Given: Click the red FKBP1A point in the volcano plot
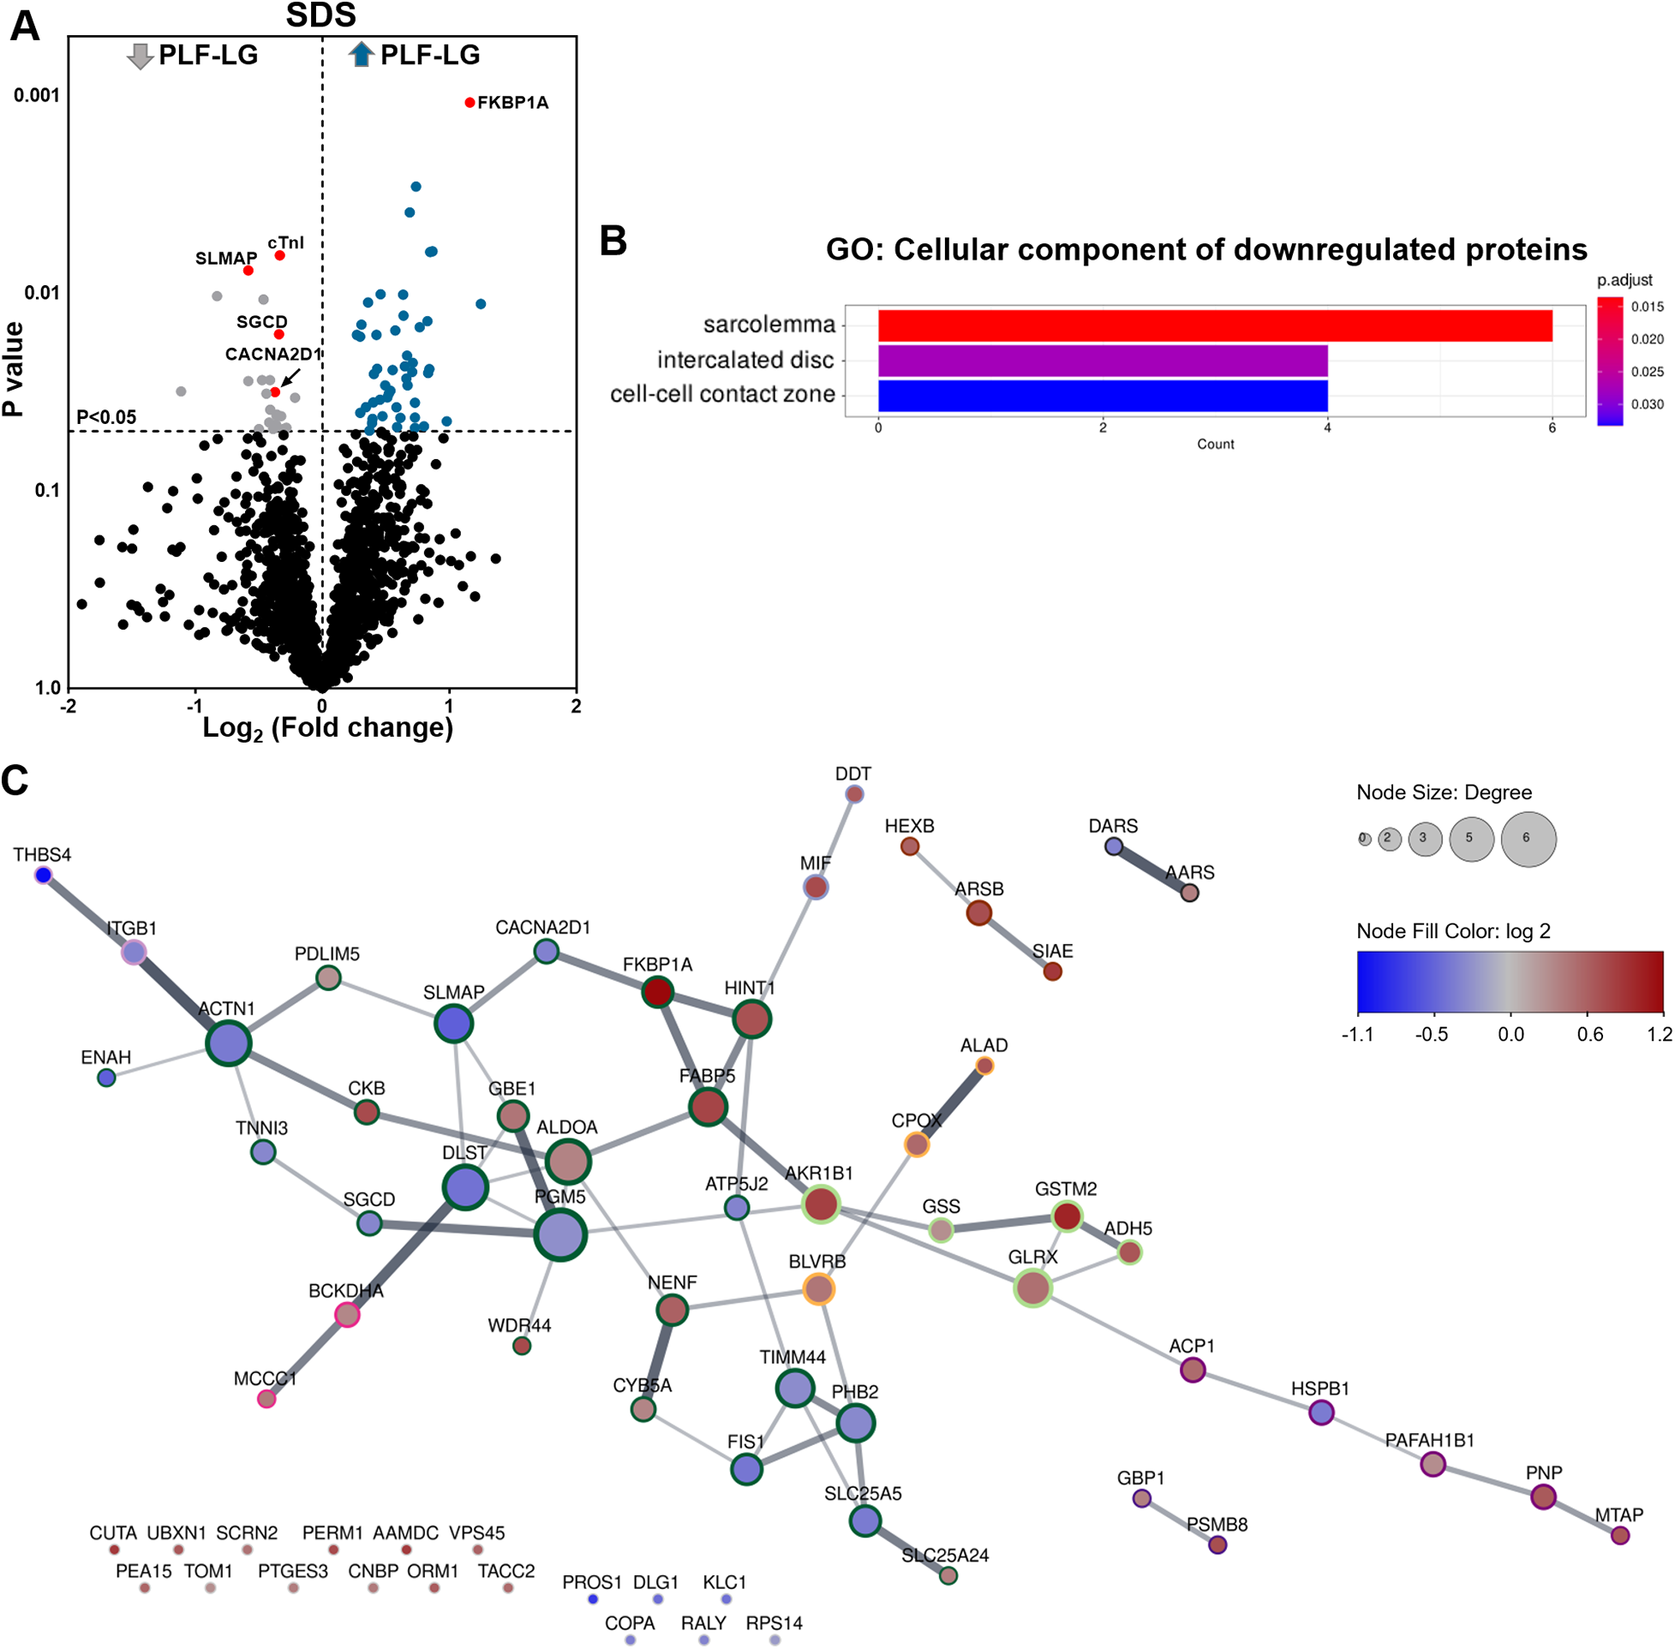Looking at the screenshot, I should coord(470,103).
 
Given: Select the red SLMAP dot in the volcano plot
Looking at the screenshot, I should coord(248,271).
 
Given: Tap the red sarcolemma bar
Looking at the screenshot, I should coord(1214,326).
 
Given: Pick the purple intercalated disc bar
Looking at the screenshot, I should coord(1102,361).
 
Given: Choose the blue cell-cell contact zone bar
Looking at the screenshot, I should coord(1102,396).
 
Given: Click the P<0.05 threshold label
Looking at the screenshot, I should coord(106,417).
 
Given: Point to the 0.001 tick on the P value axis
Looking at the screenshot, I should coord(36,95).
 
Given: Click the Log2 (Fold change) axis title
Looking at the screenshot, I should coord(327,728).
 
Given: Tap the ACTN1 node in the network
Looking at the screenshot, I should coord(229,1043).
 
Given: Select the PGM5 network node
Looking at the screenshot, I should coord(560,1235).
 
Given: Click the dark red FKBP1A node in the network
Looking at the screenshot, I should coord(657,992).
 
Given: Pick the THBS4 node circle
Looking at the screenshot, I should coord(44,875).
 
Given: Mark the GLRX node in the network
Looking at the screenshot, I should coord(1032,1288).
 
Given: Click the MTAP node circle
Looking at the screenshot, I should coord(1619,1536).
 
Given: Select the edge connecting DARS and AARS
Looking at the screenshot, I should coord(1152,869).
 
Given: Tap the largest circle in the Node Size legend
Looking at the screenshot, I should coord(1528,839).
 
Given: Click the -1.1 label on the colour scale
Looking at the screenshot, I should coord(1358,1035).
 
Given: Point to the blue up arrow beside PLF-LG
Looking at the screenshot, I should coord(362,55).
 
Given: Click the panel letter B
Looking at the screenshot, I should coord(613,242).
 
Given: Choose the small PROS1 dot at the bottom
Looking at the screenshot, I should coord(593,1598).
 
